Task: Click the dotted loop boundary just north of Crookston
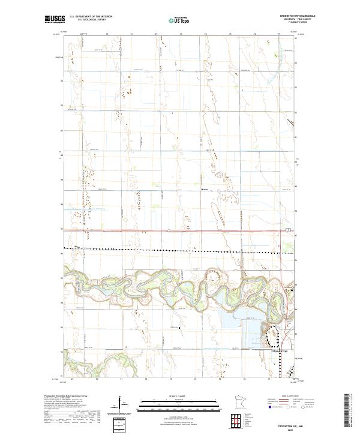click(x=273, y=336)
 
